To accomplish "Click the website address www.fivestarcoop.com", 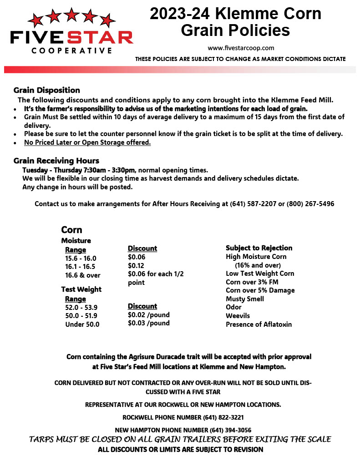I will [241, 48].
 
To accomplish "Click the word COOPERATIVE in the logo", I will [72, 51].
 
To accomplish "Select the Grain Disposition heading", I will [46, 90].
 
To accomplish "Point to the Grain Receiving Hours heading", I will [56, 161].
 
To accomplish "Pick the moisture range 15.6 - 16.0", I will [81, 258].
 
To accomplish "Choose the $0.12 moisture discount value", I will [136, 265].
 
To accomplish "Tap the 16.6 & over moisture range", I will [83, 275].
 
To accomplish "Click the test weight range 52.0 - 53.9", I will [81, 308].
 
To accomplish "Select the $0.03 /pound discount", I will [148, 323].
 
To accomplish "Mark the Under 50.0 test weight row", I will [82, 324].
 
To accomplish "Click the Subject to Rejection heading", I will [259, 248].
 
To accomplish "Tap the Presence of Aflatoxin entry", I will [259, 324].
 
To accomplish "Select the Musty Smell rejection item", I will [245, 299].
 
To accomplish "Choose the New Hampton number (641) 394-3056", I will [230, 430].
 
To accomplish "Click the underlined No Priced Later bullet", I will [87, 142].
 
